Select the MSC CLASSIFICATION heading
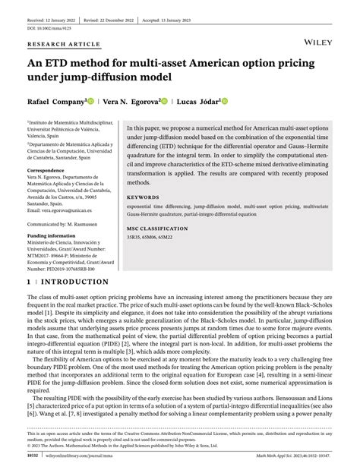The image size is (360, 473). (160, 228)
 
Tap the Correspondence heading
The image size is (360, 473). (48, 171)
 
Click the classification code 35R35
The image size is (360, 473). (137, 238)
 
